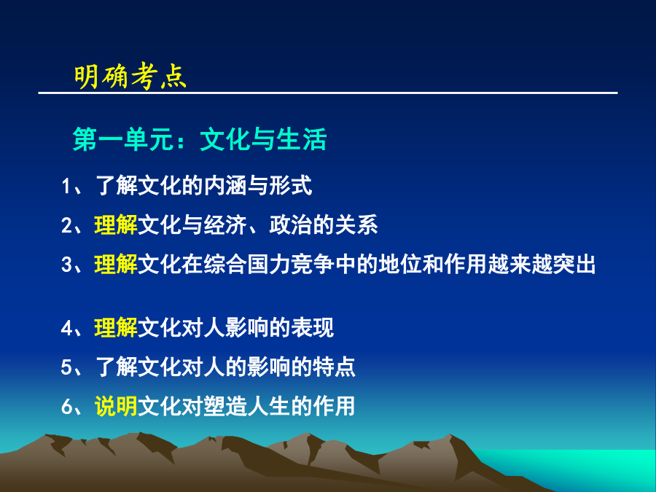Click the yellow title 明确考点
tap(130, 76)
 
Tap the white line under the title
tap(328, 93)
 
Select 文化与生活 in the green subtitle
tap(264, 139)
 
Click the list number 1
tap(66, 186)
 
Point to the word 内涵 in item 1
tap(225, 186)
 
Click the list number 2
tap(66, 225)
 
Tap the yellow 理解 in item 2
tap(116, 225)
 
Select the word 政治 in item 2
tap(291, 225)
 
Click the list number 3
tap(66, 265)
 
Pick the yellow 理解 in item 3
tap(116, 265)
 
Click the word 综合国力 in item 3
tap(247, 265)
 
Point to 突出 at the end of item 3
tap(574, 265)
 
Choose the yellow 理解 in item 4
tap(116, 328)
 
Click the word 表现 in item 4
tap(313, 328)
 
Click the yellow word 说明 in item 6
tap(116, 406)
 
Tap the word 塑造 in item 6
tap(225, 406)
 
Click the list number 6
tap(66, 407)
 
